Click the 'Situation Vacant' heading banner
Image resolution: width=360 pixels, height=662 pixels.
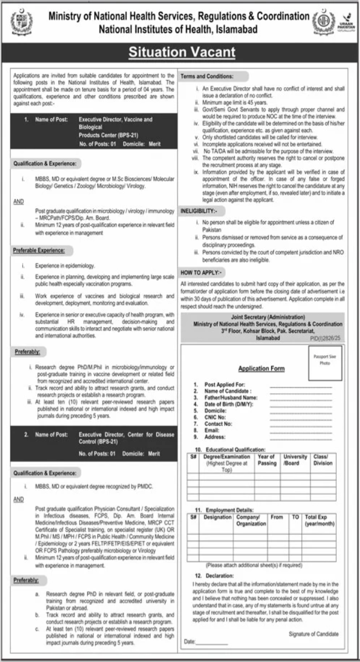pyautogui.click(x=181, y=53)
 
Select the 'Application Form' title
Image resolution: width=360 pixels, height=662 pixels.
pyautogui.click(x=261, y=368)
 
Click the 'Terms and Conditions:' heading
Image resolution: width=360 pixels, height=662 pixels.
pyautogui.click(x=208, y=77)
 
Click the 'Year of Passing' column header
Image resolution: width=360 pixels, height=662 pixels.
pyautogui.click(x=266, y=460)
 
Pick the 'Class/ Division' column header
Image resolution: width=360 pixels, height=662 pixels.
pyautogui.click(x=323, y=460)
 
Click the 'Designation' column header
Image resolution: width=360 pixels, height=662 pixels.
pyautogui.click(x=218, y=516)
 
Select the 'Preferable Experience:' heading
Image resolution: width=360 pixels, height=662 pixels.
pyautogui.click(x=39, y=249)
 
